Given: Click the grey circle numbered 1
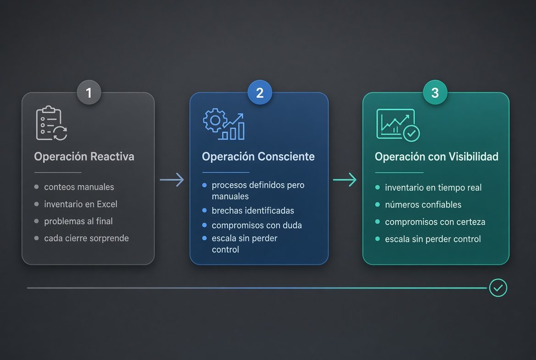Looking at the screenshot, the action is pyautogui.click(x=89, y=92).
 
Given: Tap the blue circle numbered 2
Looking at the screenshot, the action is pyautogui.click(x=260, y=92).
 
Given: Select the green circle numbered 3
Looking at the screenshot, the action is pyautogui.click(x=435, y=92).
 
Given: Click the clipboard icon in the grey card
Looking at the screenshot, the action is pyautogui.click(x=49, y=123).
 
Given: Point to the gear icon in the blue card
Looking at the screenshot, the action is pyautogui.click(x=215, y=120).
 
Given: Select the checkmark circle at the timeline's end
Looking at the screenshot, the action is pyautogui.click(x=498, y=288).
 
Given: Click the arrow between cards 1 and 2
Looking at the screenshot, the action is pyautogui.click(x=172, y=180).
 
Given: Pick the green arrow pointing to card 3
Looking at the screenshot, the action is pyautogui.click(x=345, y=180).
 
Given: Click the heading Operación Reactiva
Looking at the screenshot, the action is pyautogui.click(x=84, y=157).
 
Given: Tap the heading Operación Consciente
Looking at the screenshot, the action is pyautogui.click(x=258, y=157).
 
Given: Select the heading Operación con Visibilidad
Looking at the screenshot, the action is pyautogui.click(x=436, y=157).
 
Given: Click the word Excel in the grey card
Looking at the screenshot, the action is pyautogui.click(x=107, y=204).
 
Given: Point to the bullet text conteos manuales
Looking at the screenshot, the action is pyautogui.click(x=79, y=187).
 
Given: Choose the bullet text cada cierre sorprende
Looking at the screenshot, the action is pyautogui.click(x=86, y=238).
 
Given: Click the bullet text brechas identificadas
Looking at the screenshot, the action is pyautogui.click(x=253, y=210).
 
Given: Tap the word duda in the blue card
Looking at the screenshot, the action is pyautogui.click(x=292, y=225).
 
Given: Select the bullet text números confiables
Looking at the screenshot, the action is pyautogui.click(x=423, y=205).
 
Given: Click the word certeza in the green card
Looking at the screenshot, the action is pyautogui.click(x=470, y=222).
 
